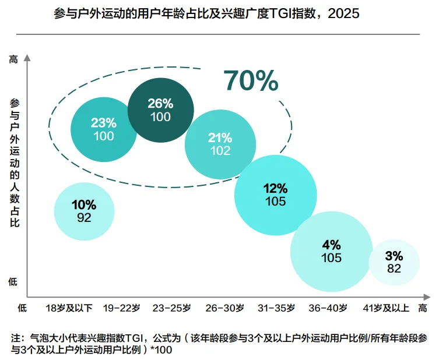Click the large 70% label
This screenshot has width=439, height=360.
pyautogui.click(x=251, y=82)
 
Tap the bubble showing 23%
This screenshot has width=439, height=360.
pyautogui.click(x=104, y=129)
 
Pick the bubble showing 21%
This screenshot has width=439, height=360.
pyautogui.click(x=220, y=144)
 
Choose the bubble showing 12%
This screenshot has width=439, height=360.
pyautogui.click(x=275, y=195)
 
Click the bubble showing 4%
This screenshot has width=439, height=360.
pyautogui.click(x=331, y=251)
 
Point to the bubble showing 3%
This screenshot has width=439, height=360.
pyautogui.click(x=394, y=262)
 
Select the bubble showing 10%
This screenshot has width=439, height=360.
pyautogui.click(x=84, y=211)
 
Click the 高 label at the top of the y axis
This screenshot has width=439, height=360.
pyautogui.click(x=13, y=59)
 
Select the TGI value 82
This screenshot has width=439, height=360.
pyautogui.click(x=394, y=269)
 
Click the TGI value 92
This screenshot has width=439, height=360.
pyautogui.click(x=84, y=218)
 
